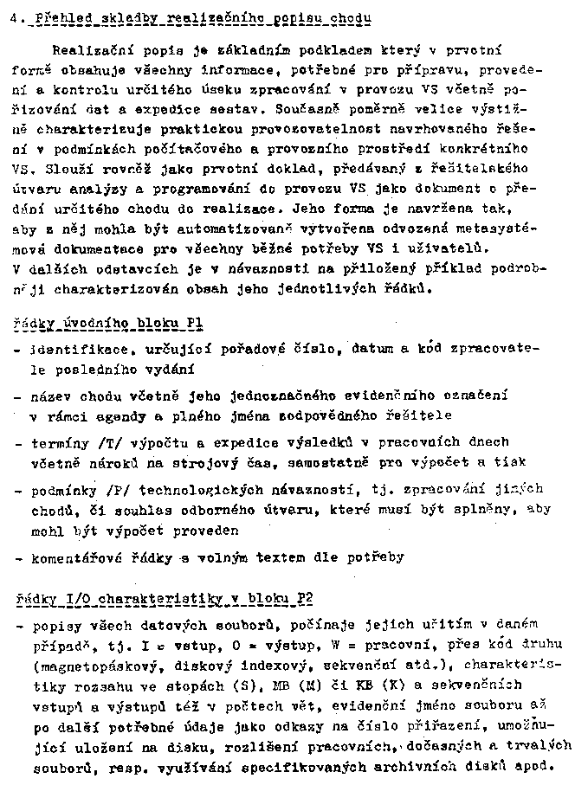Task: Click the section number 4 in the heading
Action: point(7,18)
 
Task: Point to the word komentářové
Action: point(74,558)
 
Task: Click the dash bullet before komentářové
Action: point(19,558)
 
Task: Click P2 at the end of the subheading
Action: point(303,598)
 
